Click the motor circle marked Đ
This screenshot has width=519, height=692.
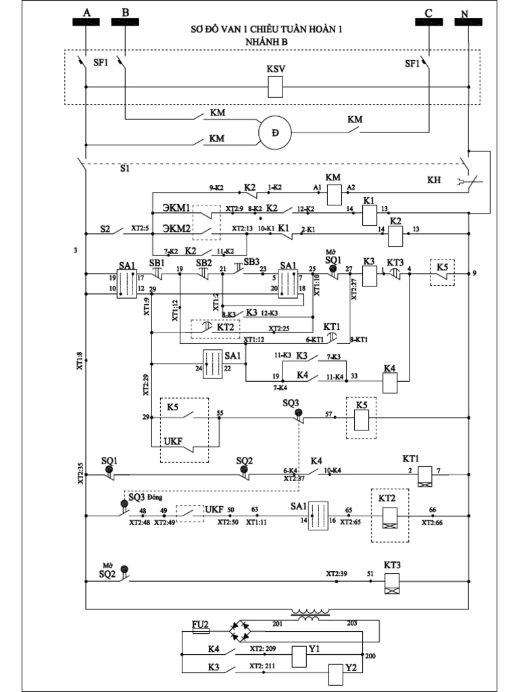[x=274, y=132]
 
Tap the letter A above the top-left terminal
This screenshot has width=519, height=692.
[x=86, y=12]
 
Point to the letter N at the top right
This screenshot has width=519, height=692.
[x=463, y=13]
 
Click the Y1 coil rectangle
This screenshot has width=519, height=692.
[x=299, y=654]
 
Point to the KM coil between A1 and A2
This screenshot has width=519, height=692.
[x=334, y=195]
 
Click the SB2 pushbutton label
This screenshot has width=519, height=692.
[x=203, y=262]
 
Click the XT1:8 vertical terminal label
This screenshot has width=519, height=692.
[x=79, y=362]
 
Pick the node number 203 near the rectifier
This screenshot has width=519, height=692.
[x=353, y=623]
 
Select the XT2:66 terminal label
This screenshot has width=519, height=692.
[x=433, y=522]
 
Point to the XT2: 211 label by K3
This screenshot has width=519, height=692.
[x=262, y=667]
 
